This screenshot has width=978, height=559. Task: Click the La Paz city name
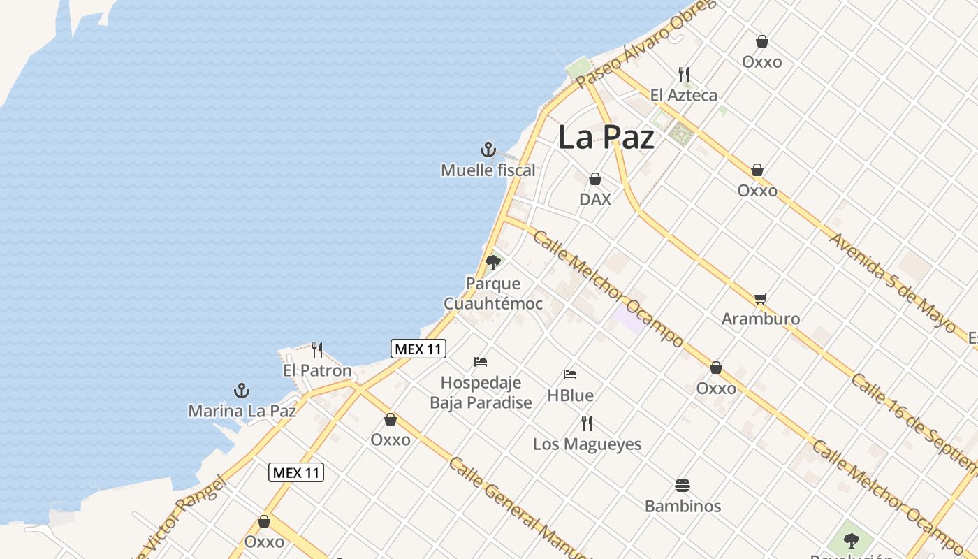pyautogui.click(x=606, y=138)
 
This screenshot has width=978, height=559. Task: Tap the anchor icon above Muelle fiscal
pyautogui.click(x=488, y=149)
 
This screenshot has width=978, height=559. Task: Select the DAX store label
pyautogui.click(x=595, y=199)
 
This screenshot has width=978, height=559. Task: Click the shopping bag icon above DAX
pyautogui.click(x=595, y=180)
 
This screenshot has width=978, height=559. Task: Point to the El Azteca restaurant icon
pyautogui.click(x=685, y=74)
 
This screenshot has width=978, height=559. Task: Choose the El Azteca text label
pyautogui.click(x=683, y=95)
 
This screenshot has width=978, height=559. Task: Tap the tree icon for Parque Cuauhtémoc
pyautogui.click(x=493, y=263)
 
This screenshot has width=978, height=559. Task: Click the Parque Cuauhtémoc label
pyautogui.click(x=493, y=293)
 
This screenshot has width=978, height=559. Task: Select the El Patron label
pyautogui.click(x=317, y=370)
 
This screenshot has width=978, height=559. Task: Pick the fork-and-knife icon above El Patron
pyautogui.click(x=317, y=349)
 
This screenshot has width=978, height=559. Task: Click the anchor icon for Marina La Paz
pyautogui.click(x=241, y=390)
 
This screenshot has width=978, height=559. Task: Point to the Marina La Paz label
pyautogui.click(x=242, y=411)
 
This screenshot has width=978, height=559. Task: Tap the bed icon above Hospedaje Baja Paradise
pyautogui.click(x=481, y=362)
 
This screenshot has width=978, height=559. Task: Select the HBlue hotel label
pyautogui.click(x=570, y=395)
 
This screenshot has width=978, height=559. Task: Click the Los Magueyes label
pyautogui.click(x=587, y=444)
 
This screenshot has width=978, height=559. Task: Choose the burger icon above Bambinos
pyautogui.click(x=683, y=486)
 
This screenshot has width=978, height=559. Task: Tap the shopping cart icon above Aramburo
pyautogui.click(x=761, y=299)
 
